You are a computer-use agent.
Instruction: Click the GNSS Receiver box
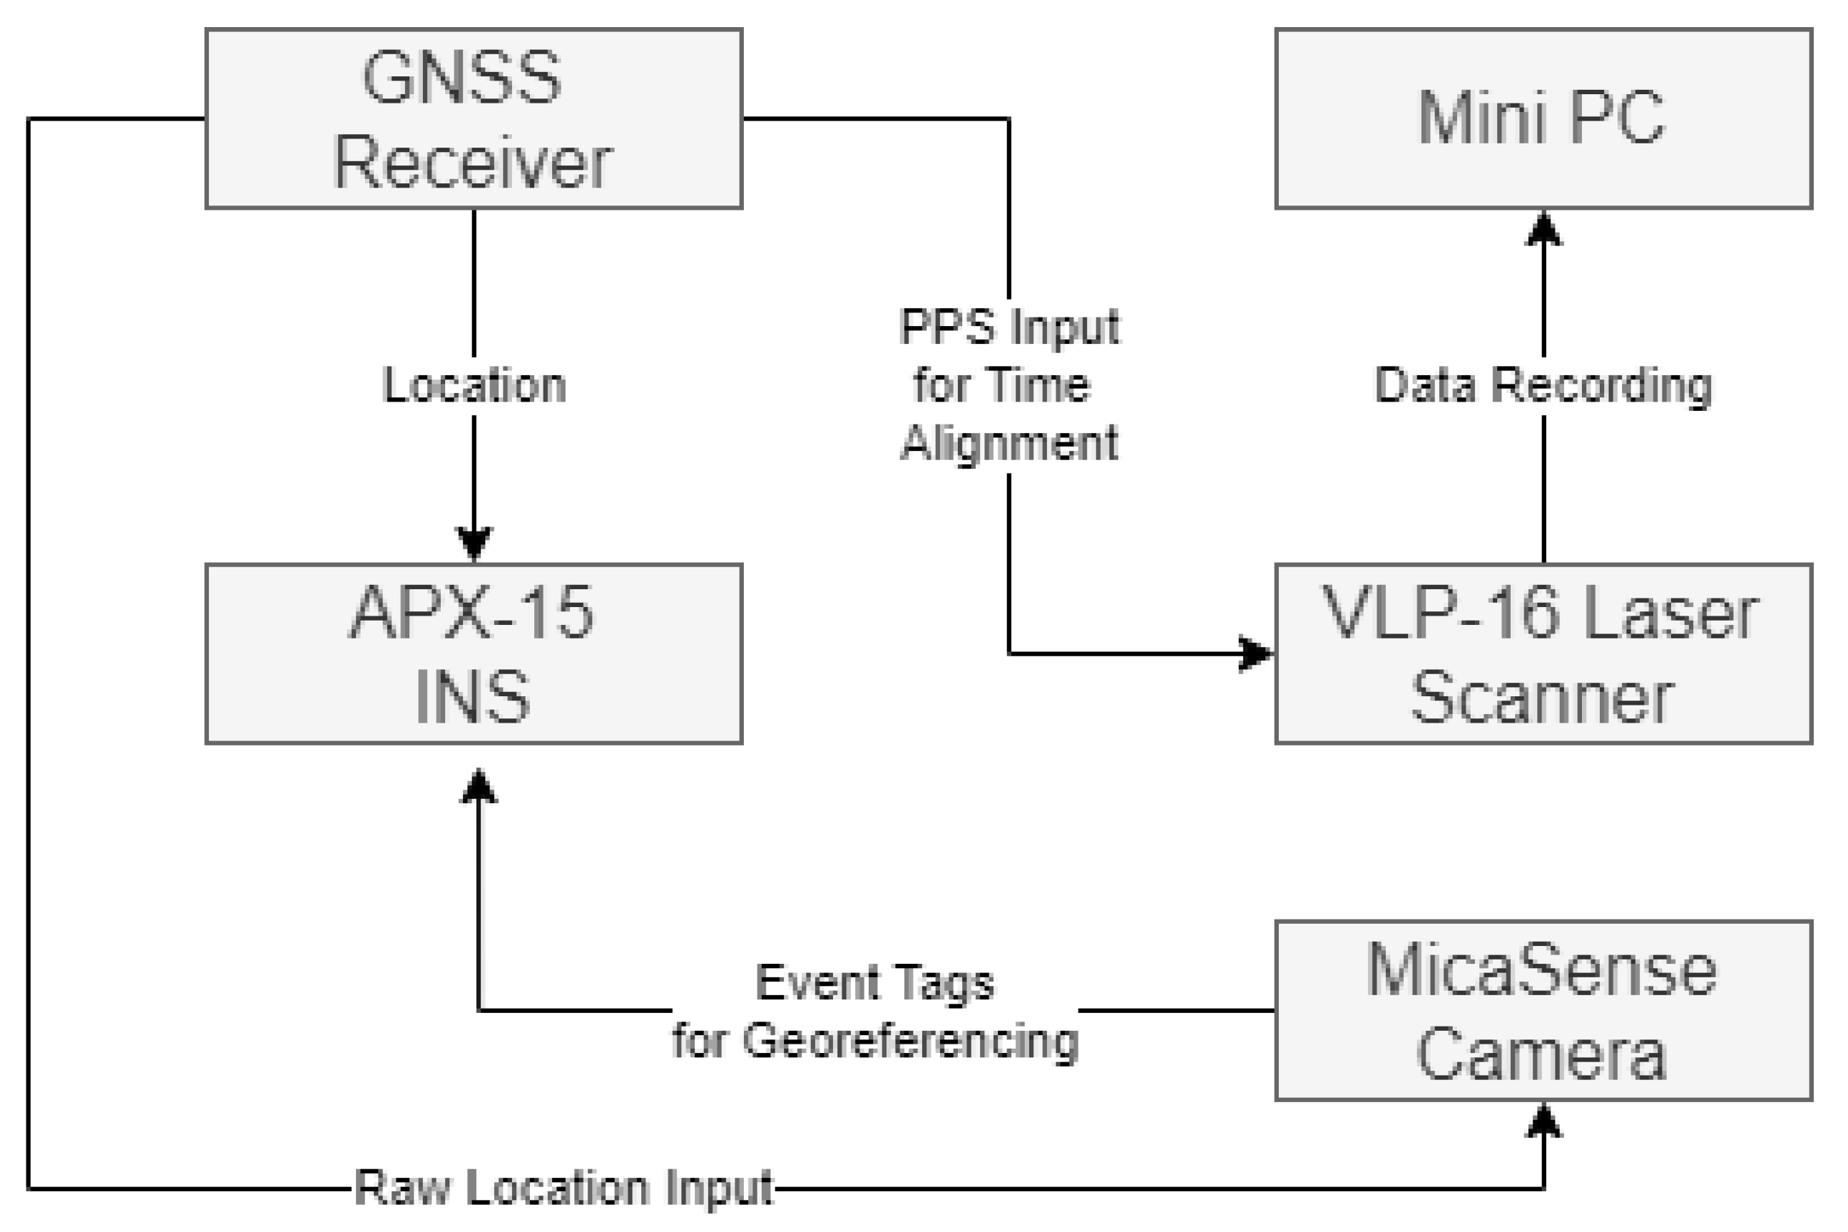473,118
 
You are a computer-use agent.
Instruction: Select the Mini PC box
1543,118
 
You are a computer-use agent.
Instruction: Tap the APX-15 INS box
473,653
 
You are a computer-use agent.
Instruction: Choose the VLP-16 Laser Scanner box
1543,653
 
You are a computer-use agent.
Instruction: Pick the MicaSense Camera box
1543,1009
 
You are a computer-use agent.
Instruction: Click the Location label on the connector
474,386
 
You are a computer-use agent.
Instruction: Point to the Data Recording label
1543,386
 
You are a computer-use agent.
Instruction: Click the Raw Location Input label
563,1187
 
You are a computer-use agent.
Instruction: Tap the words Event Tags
874,982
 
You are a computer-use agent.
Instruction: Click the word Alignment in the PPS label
1009,443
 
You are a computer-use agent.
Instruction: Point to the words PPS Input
1009,327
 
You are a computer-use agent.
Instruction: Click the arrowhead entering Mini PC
1543,230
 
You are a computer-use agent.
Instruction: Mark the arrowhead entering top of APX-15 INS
474,542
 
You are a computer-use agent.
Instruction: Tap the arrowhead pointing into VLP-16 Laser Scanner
1255,653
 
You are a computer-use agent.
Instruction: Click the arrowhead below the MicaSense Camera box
1543,1121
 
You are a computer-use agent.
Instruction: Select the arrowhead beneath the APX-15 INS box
479,785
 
